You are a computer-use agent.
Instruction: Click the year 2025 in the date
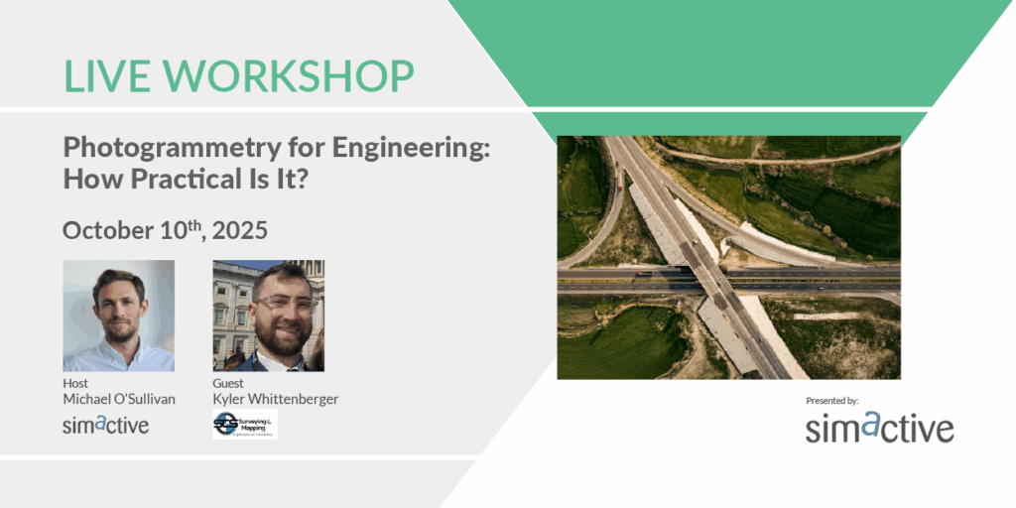point(239,230)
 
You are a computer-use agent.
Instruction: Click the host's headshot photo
point(118,316)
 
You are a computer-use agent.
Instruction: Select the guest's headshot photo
point(268,316)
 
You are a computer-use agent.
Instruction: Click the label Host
point(75,383)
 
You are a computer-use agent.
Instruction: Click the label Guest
point(228,383)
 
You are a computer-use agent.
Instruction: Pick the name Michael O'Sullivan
point(118,399)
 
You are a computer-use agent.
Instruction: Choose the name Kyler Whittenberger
point(275,399)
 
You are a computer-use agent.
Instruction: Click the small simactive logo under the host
point(105,425)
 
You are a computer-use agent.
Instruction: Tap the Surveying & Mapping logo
point(244,425)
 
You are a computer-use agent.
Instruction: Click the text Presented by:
point(831,401)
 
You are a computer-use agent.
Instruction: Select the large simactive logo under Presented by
point(879,428)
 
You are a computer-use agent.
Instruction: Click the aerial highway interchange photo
point(728,257)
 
